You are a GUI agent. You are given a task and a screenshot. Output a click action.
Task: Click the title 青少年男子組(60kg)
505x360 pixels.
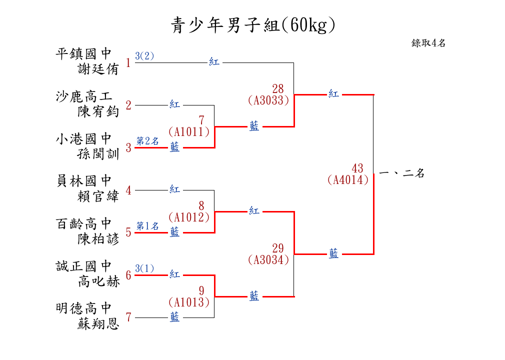pos(252,25)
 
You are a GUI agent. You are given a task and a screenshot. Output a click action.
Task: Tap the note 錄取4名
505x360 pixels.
pos(428,43)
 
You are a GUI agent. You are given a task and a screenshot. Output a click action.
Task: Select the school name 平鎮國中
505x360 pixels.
pos(83,53)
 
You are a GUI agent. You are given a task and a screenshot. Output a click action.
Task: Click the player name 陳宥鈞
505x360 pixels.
pos(98,111)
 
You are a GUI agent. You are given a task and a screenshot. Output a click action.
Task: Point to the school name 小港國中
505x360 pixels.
pos(83,138)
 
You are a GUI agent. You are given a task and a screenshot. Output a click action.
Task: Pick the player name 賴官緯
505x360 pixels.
pos(98,196)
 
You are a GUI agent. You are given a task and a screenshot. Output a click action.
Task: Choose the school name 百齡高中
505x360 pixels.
pos(83,223)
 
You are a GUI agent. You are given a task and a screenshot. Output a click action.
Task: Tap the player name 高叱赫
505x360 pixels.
pos(98,281)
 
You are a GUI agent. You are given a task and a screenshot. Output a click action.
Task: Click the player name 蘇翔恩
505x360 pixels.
pos(98,324)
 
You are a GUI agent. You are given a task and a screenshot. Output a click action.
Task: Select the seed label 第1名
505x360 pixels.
pos(147,226)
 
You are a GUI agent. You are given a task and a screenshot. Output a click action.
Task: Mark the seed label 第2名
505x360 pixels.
pos(147,141)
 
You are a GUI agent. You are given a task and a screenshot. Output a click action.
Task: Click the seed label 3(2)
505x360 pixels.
pos(144,56)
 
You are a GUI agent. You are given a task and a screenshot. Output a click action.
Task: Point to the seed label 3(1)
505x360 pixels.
pos(144,268)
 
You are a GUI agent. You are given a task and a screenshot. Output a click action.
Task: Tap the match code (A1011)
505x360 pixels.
pos(188,131)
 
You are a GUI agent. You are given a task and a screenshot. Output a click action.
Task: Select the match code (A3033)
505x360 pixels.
pos(268,100)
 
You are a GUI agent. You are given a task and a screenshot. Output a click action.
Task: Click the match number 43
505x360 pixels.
pos(357,168)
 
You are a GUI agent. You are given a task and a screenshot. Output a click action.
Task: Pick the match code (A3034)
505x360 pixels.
pos(268,259)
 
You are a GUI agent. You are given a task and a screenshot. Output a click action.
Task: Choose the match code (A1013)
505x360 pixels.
pos(188,302)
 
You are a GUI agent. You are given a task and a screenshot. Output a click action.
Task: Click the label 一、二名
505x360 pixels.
pos(401,173)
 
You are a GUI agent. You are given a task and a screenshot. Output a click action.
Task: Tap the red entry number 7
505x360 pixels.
pos(128,317)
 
